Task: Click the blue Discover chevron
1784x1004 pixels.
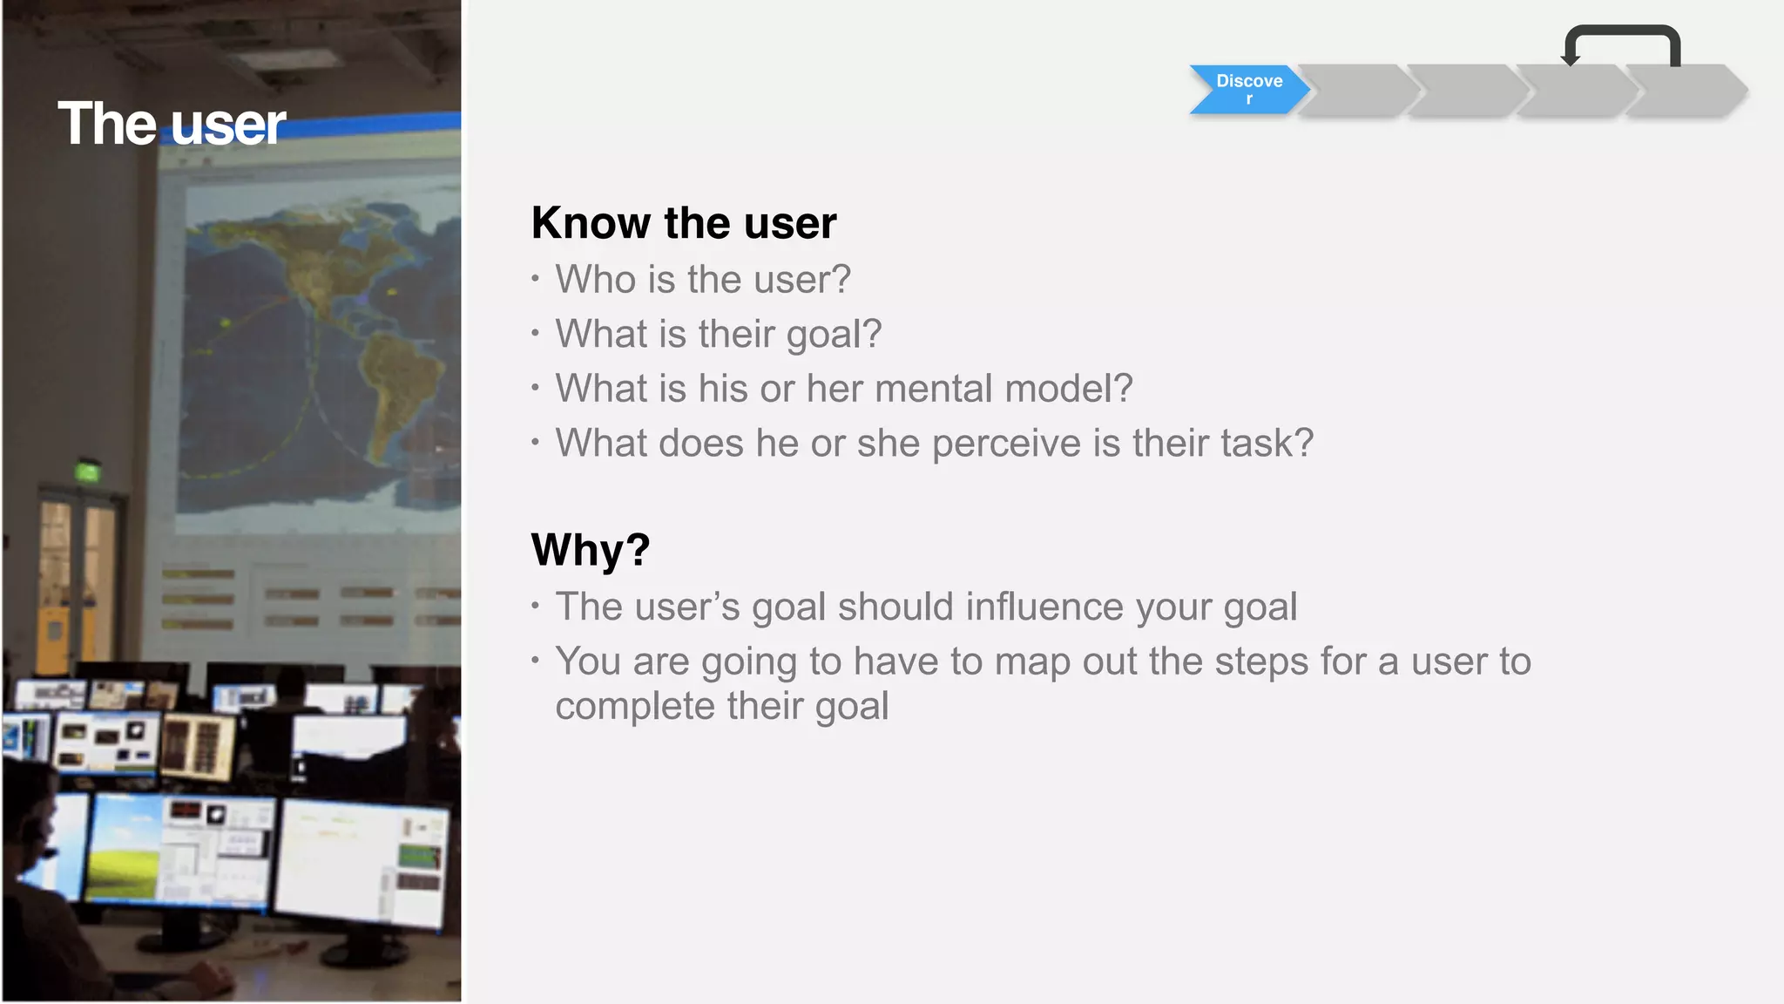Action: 1248,89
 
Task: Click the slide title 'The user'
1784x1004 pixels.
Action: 172,124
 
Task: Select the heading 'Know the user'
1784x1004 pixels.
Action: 684,223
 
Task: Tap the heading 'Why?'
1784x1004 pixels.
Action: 591,550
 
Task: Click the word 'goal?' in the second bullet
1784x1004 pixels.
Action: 834,335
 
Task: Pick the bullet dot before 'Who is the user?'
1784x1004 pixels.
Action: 535,280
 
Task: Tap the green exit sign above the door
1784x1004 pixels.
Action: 88,472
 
